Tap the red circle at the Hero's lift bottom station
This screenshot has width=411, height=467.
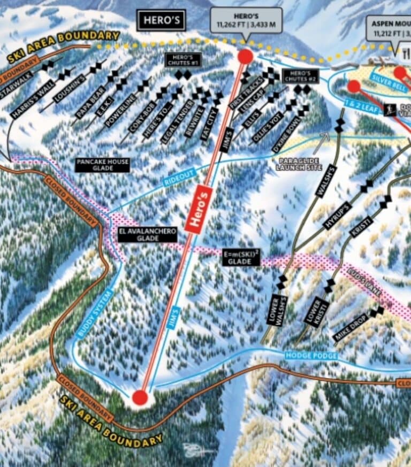pyautogui.click(x=140, y=397)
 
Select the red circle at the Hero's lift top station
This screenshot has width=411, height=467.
pyautogui.click(x=245, y=56)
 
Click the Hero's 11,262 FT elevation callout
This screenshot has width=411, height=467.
pyautogui.click(x=246, y=20)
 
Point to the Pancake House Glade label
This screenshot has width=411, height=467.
pyautogui.click(x=102, y=165)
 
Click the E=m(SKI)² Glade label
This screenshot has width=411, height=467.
pyautogui.click(x=241, y=257)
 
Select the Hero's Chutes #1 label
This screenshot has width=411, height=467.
pyautogui.click(x=184, y=60)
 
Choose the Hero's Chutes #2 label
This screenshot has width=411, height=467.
pyautogui.click(x=300, y=76)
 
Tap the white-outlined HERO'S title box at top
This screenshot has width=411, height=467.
pyautogui.click(x=162, y=21)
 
